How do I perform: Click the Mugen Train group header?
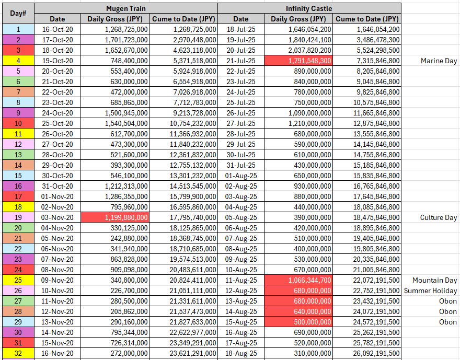point(126,8)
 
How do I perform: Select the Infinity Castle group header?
point(309,8)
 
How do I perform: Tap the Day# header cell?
point(18,14)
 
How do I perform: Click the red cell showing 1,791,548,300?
point(298,61)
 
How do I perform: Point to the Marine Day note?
point(439,61)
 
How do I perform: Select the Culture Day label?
point(438,217)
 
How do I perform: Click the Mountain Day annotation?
point(434,280)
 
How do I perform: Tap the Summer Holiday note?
point(430,291)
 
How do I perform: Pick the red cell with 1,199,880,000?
point(114,217)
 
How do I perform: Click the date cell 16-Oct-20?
point(57,29)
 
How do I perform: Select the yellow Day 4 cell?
point(18,61)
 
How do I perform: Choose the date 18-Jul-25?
point(241,29)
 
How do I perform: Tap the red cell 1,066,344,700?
point(298,280)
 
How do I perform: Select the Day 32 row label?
point(18,353)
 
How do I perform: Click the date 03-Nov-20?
point(57,217)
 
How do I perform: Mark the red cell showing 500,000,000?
point(298,322)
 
